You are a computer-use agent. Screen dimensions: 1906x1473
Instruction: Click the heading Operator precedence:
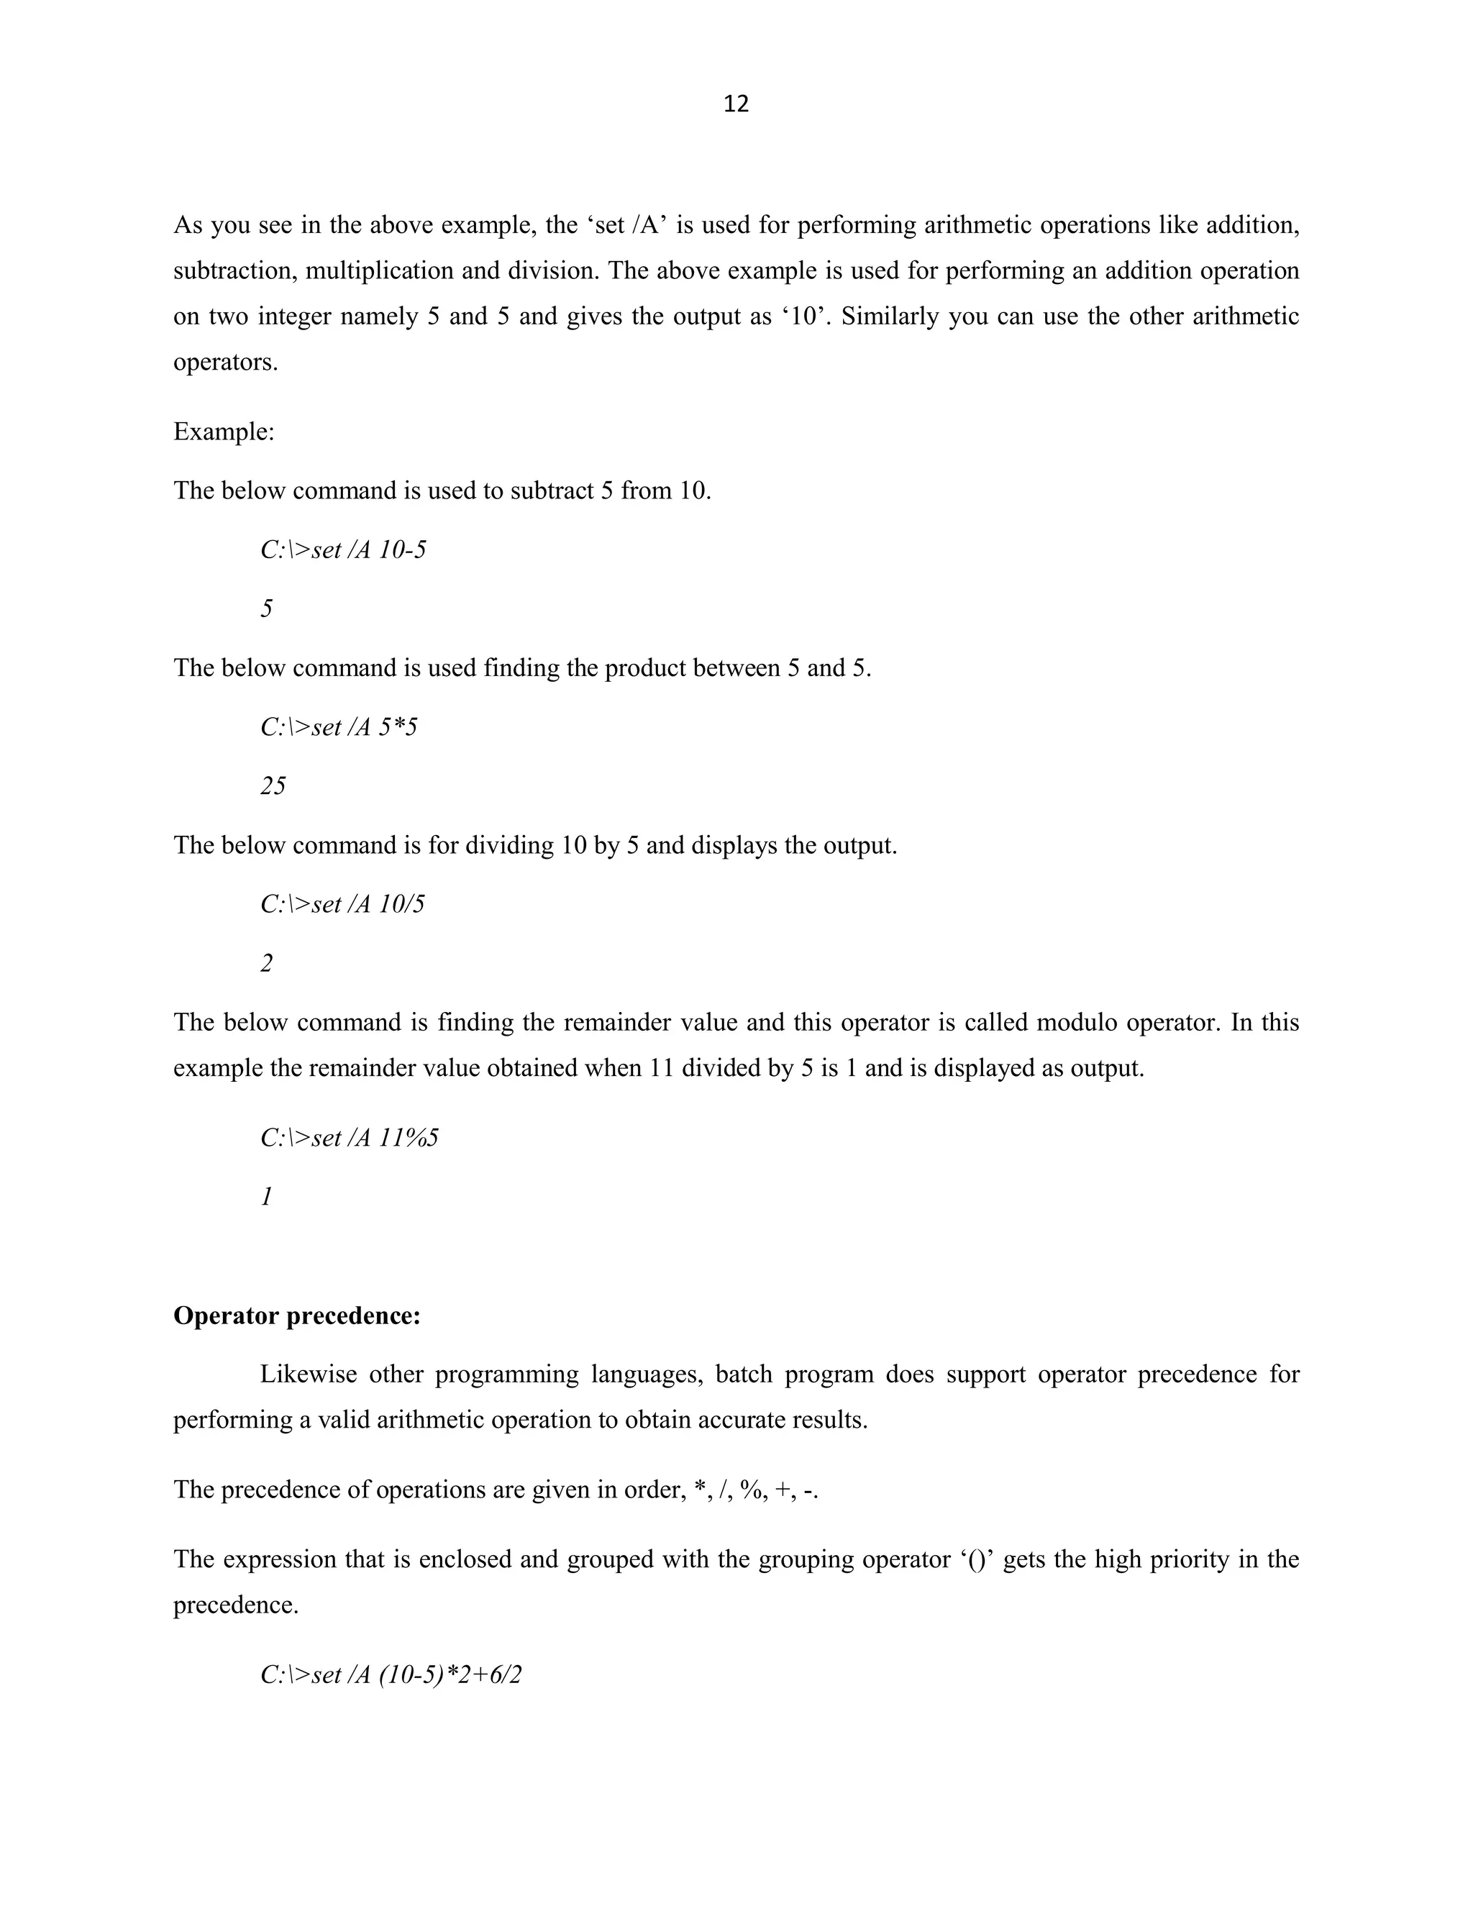[x=297, y=1315]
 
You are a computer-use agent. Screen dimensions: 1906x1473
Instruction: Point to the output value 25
[x=273, y=786]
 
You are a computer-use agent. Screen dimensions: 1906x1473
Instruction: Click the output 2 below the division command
[x=266, y=964]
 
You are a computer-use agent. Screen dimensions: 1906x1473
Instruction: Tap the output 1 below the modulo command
[x=266, y=1197]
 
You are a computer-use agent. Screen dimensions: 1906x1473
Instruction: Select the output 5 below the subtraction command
[x=266, y=609]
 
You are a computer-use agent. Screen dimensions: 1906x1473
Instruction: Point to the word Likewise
[x=308, y=1374]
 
